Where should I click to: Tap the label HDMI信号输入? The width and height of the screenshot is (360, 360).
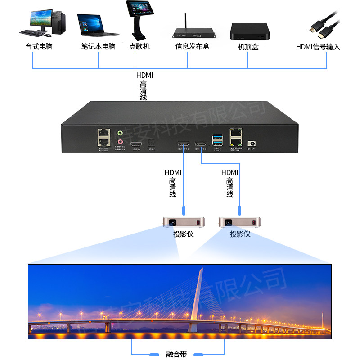[318, 47]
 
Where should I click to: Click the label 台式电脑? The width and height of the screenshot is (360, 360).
[39, 47]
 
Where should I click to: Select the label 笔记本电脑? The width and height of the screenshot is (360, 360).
[98, 47]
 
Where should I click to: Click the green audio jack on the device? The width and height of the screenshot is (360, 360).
[120, 133]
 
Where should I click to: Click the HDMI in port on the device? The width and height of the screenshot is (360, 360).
[135, 144]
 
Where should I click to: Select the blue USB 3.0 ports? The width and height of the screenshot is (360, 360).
[217, 138]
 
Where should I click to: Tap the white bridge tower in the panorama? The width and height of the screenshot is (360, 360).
[198, 295]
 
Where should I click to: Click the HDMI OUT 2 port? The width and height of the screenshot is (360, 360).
[184, 144]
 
